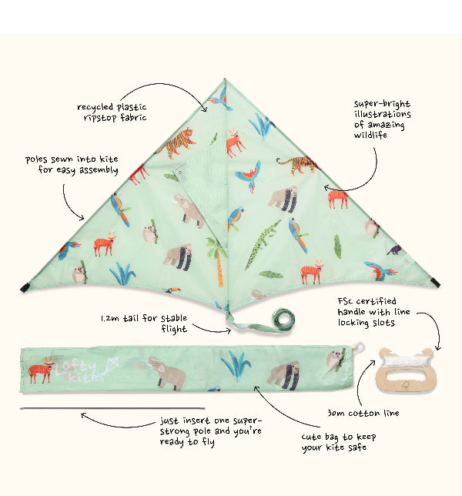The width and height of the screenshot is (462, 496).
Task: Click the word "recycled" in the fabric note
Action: pyautogui.click(x=95, y=107)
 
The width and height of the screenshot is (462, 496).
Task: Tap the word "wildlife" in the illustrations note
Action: pyautogui.click(x=370, y=135)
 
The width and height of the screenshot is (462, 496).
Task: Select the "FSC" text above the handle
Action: pyautogui.click(x=345, y=301)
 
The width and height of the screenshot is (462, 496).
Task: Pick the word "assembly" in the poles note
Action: pyautogui.click(x=99, y=170)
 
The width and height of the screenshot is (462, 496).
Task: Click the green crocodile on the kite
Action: pyautogui.click(x=262, y=244)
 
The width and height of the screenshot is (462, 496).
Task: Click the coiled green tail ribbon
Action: pyautogui.click(x=283, y=319)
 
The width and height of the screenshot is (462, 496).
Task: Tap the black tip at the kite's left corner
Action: pyautogui.click(x=25, y=287)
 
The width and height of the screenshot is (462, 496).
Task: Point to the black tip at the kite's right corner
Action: pyautogui.click(x=436, y=283)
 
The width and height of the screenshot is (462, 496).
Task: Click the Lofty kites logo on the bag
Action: pyautogui.click(x=85, y=370)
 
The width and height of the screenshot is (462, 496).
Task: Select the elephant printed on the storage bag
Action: pyautogui.click(x=167, y=373)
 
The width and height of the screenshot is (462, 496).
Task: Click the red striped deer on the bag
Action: pyautogui.click(x=41, y=370)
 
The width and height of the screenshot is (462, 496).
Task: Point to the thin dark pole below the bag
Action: pyautogui.click(x=112, y=408)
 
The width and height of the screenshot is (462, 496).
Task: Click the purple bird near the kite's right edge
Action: pyautogui.click(x=394, y=250)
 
